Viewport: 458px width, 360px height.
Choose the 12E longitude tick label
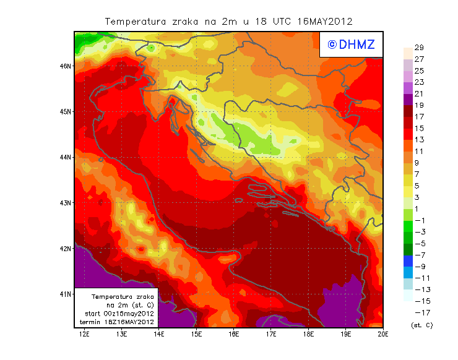point(85,335)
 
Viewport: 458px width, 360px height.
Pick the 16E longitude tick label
point(234,335)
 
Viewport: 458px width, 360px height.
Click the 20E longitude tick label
point(383,335)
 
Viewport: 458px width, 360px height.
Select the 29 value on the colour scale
point(418,48)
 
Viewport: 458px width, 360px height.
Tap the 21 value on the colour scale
point(418,93)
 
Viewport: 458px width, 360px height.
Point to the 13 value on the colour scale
point(418,140)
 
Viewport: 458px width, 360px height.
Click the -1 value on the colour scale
point(418,220)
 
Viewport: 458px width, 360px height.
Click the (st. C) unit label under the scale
point(421,325)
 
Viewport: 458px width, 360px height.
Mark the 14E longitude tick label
point(159,335)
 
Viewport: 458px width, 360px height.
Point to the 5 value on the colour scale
point(418,186)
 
